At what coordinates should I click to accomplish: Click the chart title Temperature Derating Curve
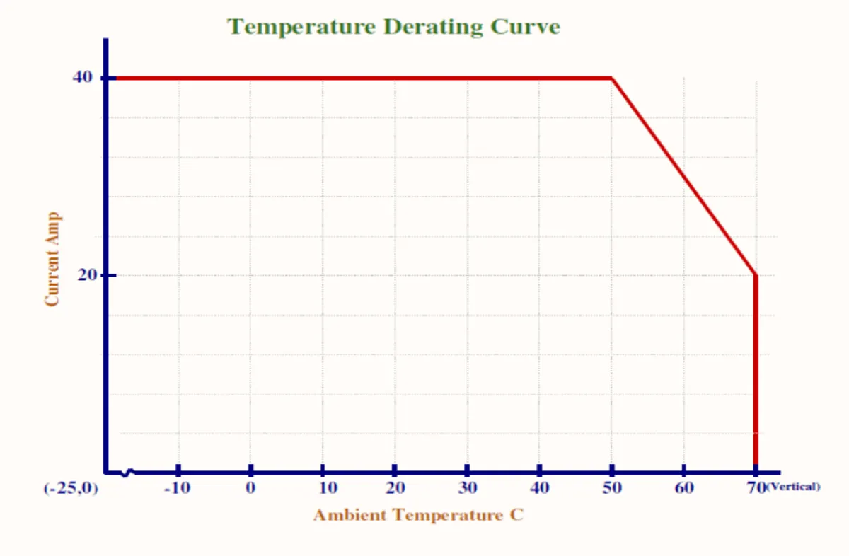pos(393,27)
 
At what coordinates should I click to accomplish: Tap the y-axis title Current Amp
pos(52,259)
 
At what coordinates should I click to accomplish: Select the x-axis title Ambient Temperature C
pos(418,515)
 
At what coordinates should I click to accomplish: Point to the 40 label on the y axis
pos(83,77)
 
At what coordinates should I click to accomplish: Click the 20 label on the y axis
pos(87,275)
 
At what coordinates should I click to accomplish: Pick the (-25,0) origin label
pos(70,489)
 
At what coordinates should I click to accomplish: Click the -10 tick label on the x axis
pos(177,489)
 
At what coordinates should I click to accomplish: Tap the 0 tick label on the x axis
pos(250,489)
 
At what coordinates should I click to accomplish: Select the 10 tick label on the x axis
pos(328,489)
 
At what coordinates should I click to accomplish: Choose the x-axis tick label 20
pos(396,489)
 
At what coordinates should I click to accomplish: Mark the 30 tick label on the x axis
pos(468,489)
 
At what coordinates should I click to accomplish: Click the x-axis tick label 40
pos(539,489)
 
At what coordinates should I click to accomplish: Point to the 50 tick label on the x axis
pos(612,489)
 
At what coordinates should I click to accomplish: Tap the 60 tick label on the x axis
pos(683,489)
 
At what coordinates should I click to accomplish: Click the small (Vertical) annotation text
pos(793,487)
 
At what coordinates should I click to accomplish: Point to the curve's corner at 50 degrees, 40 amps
pos(612,78)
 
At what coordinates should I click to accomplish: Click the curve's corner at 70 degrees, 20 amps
pos(756,275)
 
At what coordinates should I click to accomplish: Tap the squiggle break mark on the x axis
pos(128,472)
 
